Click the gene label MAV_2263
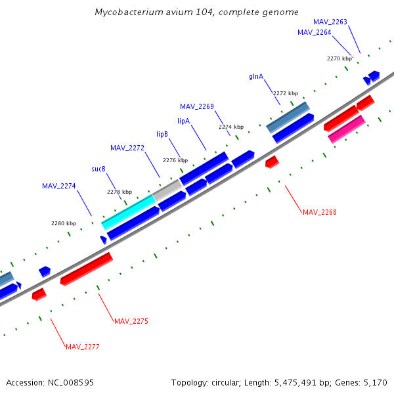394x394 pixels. pyautogui.click(x=330, y=22)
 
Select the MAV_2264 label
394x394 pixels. pyautogui.click(x=314, y=32)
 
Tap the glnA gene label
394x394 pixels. pyautogui.click(x=256, y=76)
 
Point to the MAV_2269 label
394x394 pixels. pyautogui.click(x=196, y=106)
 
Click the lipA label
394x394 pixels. pyautogui.click(x=183, y=121)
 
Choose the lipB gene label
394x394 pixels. pyautogui.click(x=162, y=134)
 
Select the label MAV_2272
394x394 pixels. pyautogui.click(x=127, y=148)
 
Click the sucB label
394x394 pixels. pyautogui.click(x=98, y=169)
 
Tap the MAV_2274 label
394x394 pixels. pyautogui.click(x=59, y=186)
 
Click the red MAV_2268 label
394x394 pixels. pyautogui.click(x=319, y=212)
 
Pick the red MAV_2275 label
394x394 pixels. pyautogui.click(x=131, y=321)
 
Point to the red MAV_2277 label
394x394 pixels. pyautogui.click(x=83, y=347)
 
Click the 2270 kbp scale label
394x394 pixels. pyautogui.click(x=339, y=58)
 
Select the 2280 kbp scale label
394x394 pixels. pyautogui.click(x=64, y=223)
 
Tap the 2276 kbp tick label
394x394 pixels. pyautogui.click(x=175, y=160)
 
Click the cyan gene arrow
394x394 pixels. pyautogui.click(x=128, y=211)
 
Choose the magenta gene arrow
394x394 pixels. pyautogui.click(x=347, y=129)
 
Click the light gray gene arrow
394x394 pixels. pyautogui.click(x=167, y=190)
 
